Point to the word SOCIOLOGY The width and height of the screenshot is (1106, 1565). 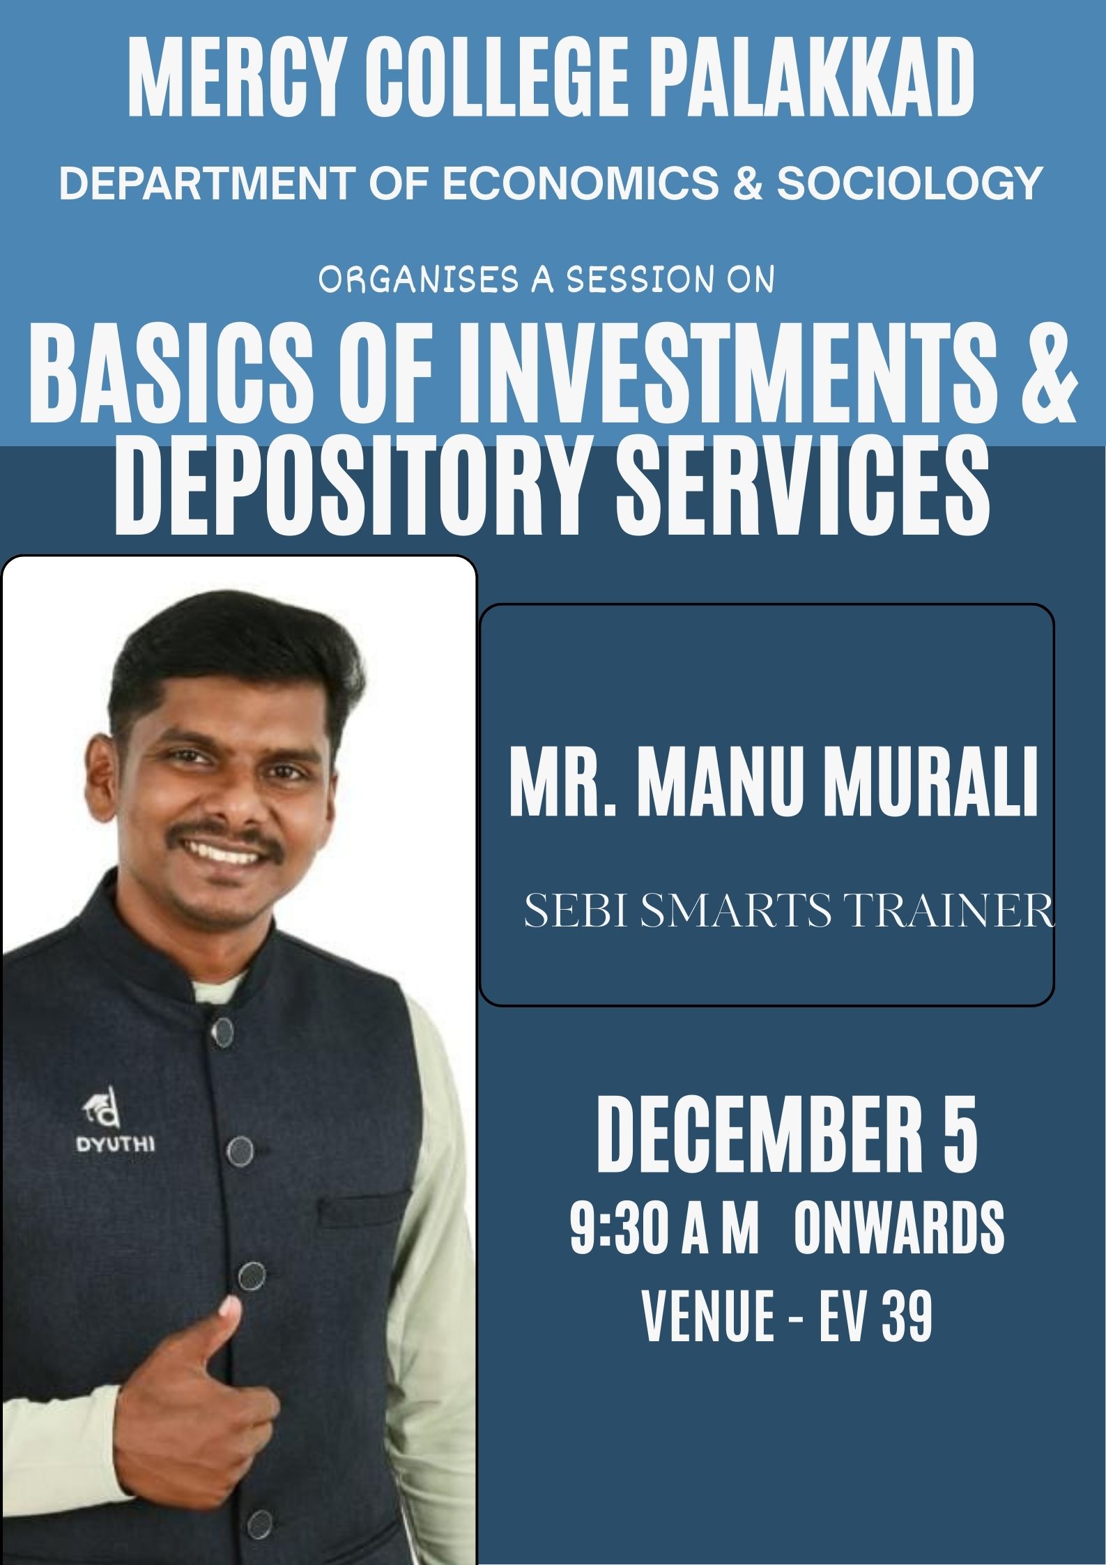[909, 183]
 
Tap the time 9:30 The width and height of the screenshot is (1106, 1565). [620, 1229]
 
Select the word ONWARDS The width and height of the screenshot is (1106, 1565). [898, 1229]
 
